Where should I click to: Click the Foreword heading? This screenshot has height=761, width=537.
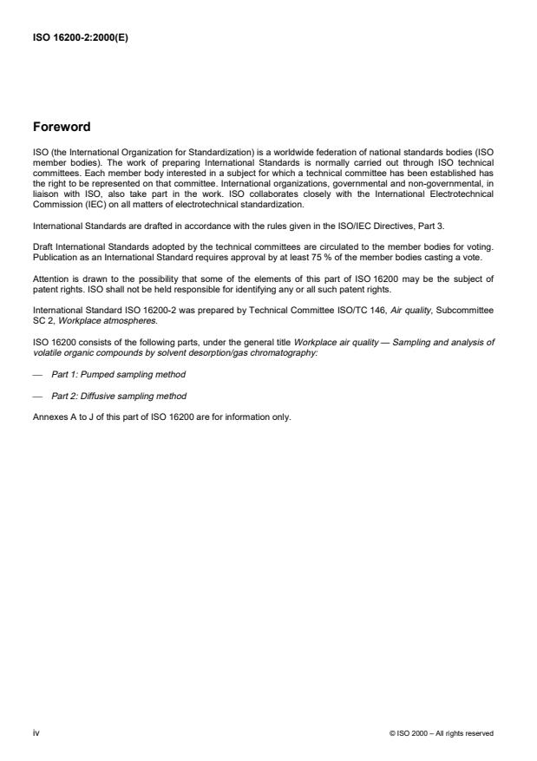pyautogui.click(x=61, y=127)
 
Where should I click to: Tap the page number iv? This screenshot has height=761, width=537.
pyautogui.click(x=36, y=732)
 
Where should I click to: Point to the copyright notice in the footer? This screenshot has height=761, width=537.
pyautogui.click(x=442, y=733)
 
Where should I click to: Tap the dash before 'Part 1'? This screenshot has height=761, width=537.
pyautogui.click(x=36, y=374)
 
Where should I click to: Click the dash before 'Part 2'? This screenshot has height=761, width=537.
pyautogui.click(x=36, y=396)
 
